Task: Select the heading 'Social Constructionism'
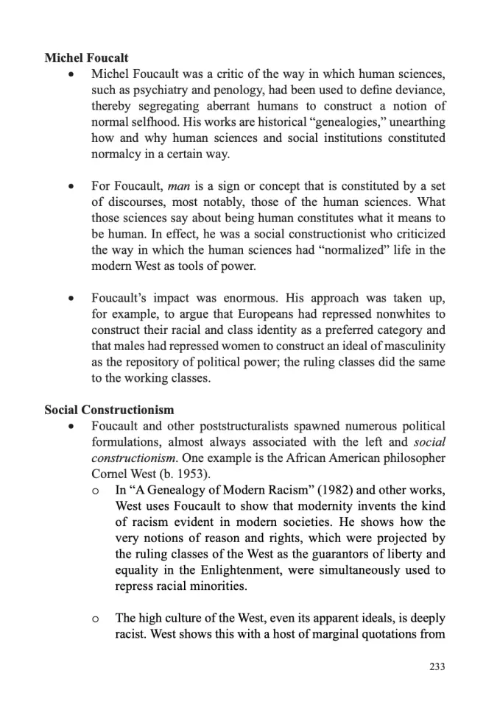(109, 409)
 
